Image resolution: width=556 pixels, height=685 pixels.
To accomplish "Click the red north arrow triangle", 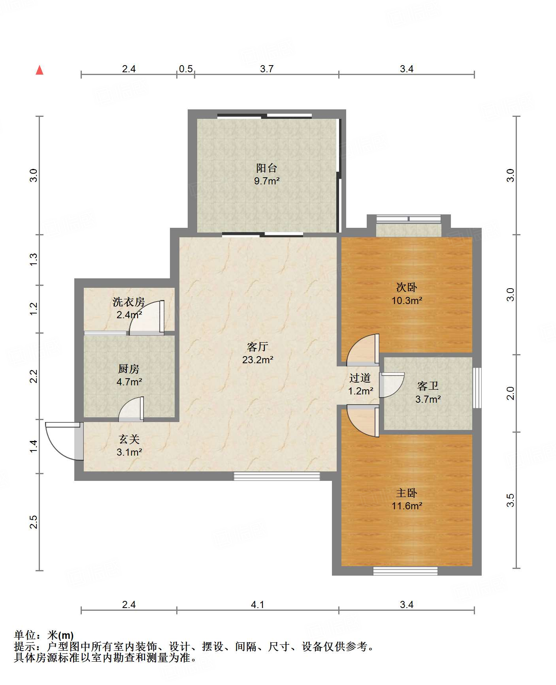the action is point(40,70).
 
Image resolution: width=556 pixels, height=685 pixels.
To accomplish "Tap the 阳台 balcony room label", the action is point(267,168).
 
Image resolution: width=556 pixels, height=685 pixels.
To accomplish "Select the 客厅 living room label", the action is point(258,347).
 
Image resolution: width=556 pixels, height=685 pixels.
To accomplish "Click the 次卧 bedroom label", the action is point(407,287).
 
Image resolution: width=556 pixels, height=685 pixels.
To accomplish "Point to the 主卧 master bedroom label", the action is point(407,493).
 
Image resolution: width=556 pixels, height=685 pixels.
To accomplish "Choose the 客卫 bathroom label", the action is point(428,386).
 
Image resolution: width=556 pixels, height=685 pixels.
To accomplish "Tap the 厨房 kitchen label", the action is point(129,369).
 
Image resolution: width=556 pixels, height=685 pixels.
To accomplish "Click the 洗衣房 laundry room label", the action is point(129,302).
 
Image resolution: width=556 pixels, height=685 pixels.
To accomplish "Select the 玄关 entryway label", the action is point(129,439).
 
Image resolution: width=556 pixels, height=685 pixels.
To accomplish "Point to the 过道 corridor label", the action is point(360,378).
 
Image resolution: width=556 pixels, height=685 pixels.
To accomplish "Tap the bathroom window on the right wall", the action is point(477,388).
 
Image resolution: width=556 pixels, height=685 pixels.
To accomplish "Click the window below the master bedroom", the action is point(405,571).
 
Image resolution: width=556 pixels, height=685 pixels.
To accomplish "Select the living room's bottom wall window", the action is point(277,476).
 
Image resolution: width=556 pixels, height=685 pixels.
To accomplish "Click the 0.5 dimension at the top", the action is point(186,69).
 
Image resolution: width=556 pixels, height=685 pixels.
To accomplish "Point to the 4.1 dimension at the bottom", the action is point(257,605).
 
